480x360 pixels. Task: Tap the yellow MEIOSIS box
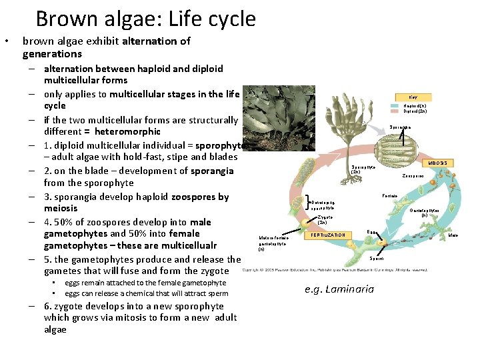click(x=438, y=163)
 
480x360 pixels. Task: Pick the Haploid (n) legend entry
click(x=415, y=105)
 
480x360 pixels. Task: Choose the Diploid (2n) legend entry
click(x=415, y=111)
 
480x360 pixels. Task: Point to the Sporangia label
click(x=400, y=127)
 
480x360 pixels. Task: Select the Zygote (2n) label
click(x=325, y=219)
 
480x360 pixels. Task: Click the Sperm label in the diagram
click(x=377, y=258)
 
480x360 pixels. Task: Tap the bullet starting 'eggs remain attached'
click(x=145, y=283)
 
